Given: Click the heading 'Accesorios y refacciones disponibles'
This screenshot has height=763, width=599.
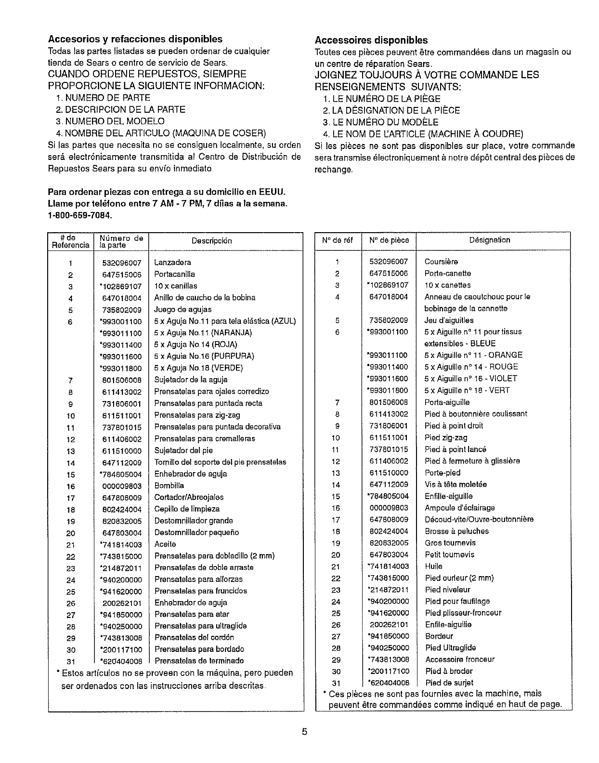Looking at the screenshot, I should coord(135,39).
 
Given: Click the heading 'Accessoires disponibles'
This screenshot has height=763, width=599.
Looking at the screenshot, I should coord(371,40).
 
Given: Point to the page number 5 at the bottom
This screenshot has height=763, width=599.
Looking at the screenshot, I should coord(304,732).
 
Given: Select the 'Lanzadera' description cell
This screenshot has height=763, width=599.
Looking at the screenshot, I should coord(172,263).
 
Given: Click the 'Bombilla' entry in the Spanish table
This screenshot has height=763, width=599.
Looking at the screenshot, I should coord(169,486).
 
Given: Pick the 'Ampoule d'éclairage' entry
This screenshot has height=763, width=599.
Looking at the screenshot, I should coord(459,508).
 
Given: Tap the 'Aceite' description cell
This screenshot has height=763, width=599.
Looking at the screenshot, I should coord(165,544).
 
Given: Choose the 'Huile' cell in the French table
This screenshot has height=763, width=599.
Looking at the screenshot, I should coord(433,566).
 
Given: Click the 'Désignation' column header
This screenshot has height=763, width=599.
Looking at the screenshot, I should coord(490,240).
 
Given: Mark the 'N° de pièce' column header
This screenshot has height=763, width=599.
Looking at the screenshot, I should coord(389,240).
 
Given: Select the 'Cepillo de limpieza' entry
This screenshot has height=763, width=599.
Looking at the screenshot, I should coord(187,509).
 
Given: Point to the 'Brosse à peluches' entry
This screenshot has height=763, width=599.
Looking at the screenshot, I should coord(456,531).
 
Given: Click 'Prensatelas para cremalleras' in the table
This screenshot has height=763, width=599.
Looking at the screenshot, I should coord(205,439).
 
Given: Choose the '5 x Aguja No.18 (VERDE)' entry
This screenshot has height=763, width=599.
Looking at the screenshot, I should coord(198,368).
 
